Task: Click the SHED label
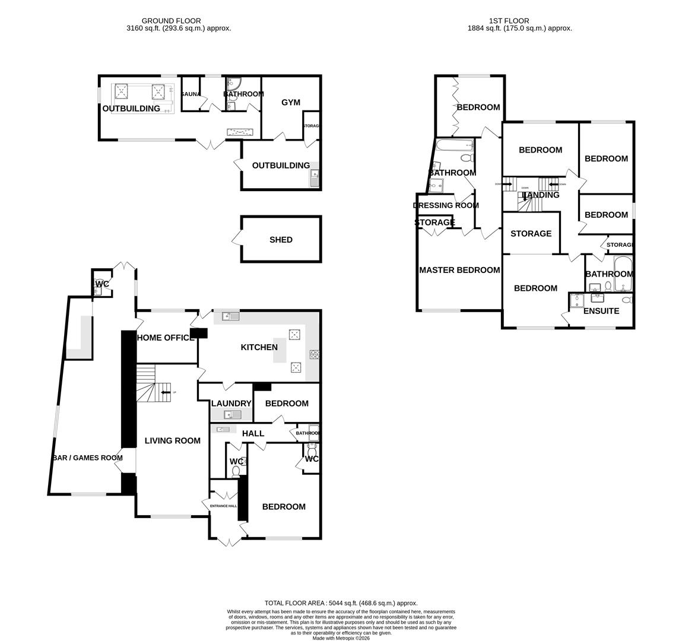point(281,240)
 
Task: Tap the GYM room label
point(291,102)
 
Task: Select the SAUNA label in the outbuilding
point(190,94)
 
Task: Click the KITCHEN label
point(259,347)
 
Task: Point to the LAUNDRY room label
point(231,403)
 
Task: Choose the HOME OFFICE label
point(166,338)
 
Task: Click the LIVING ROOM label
point(173,440)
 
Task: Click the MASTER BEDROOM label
point(459,270)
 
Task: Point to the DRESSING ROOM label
point(446,205)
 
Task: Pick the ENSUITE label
point(601,310)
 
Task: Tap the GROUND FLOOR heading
point(171,21)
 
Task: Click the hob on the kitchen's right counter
point(314,354)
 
